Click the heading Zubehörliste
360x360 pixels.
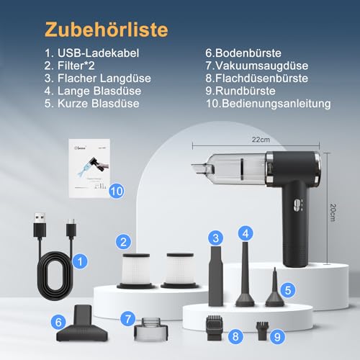click(x=107, y=30)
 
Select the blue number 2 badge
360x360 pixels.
click(x=125, y=242)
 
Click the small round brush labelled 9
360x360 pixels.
click(x=264, y=330)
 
